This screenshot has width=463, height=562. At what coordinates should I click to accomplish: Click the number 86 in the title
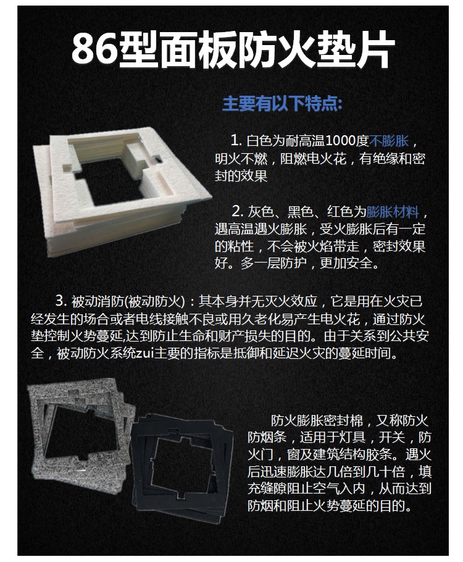coord(95,49)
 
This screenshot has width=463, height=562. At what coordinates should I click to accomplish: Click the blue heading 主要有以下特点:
coord(282,104)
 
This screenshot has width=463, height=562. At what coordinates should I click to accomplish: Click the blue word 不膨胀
coord(389,141)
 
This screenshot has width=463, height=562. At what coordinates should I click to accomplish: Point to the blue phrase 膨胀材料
coord(393,211)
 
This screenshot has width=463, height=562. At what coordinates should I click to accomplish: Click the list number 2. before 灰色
coord(238,211)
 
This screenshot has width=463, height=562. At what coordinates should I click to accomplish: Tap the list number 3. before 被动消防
coord(61,301)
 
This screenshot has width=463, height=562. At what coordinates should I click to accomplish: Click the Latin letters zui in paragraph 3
coord(145,353)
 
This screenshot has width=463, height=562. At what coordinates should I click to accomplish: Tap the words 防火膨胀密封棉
coord(317,420)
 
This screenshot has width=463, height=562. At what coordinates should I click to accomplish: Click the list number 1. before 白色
coord(236,141)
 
